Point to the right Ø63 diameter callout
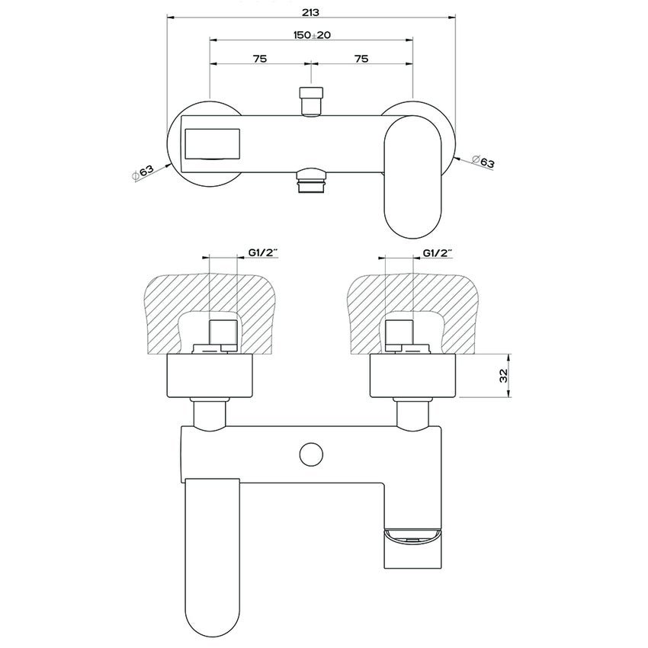click(x=483, y=162)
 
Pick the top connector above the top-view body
click(x=310, y=101)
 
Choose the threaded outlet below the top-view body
click(x=311, y=183)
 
